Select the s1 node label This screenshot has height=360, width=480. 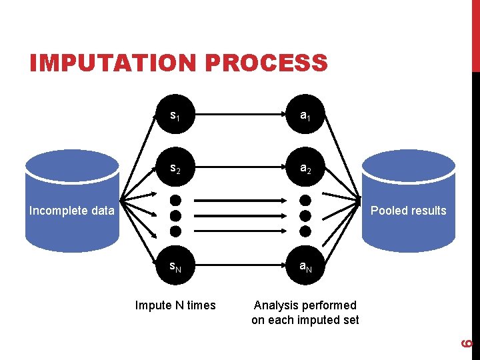coord(175,116)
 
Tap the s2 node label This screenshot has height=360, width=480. coord(175,169)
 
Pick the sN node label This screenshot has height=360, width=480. coord(175,268)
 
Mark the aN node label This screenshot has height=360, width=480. coord(305,268)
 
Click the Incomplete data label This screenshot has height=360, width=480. coord(71,211)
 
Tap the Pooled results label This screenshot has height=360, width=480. coord(408,211)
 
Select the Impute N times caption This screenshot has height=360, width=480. coord(175,305)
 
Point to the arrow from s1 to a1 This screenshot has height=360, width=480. coord(239,117)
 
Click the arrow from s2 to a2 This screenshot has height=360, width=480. coord(239,169)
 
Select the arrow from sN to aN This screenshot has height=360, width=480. coord(239,268)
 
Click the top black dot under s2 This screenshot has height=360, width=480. coord(175,200)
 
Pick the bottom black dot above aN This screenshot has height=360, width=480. coord(305,231)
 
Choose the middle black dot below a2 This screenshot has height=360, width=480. coord(305,215)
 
